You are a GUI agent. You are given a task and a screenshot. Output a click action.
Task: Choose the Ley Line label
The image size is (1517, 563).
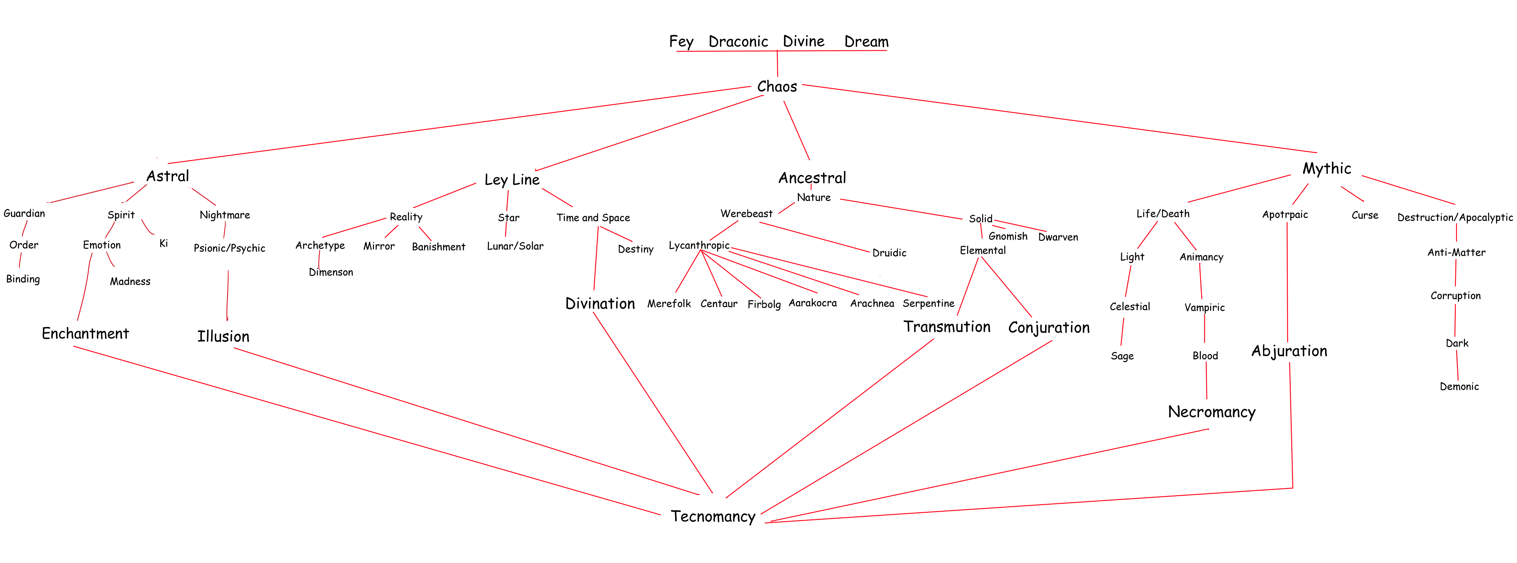tap(512, 180)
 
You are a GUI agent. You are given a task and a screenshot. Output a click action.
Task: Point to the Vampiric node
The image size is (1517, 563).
tap(1204, 307)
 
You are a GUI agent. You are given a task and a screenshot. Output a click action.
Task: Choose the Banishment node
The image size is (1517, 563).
tap(438, 247)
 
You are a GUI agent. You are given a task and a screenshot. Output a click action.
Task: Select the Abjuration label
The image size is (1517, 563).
tap(1289, 351)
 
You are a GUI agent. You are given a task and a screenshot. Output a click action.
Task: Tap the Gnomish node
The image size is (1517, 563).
tap(1008, 236)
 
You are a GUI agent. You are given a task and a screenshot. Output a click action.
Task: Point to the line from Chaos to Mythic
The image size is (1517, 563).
tap(1060, 119)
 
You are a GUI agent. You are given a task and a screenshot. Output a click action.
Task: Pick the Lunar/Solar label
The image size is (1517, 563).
tap(515, 246)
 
